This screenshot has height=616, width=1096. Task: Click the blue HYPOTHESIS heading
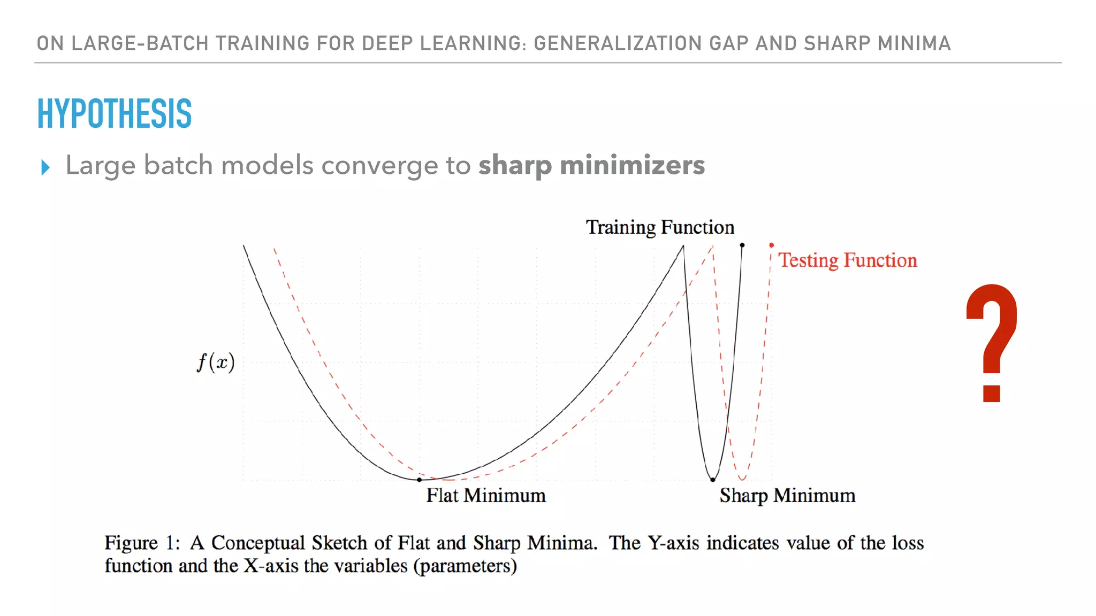[x=114, y=113]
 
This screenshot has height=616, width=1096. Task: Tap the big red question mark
[x=992, y=342]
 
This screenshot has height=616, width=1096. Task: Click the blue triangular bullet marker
[x=45, y=167]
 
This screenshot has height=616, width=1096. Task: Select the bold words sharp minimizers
[x=591, y=165]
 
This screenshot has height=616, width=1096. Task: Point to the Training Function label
[x=660, y=227]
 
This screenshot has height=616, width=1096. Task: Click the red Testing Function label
[x=847, y=260]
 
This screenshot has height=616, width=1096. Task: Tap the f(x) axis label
[x=216, y=363]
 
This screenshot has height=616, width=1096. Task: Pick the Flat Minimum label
[x=486, y=495]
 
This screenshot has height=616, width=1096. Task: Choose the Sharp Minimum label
[x=787, y=495]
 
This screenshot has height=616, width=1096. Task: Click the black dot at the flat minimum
[x=419, y=480]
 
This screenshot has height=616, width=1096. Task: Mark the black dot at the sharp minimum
[x=712, y=480]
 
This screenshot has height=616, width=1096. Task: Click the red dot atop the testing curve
[x=771, y=245]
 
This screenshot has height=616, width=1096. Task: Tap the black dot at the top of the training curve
[x=742, y=245]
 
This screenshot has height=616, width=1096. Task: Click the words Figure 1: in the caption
[x=142, y=543]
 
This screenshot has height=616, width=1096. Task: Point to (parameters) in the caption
[x=465, y=566]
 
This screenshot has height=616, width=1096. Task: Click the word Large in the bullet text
[x=101, y=165]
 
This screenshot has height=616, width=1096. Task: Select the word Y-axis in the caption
[x=673, y=543]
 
